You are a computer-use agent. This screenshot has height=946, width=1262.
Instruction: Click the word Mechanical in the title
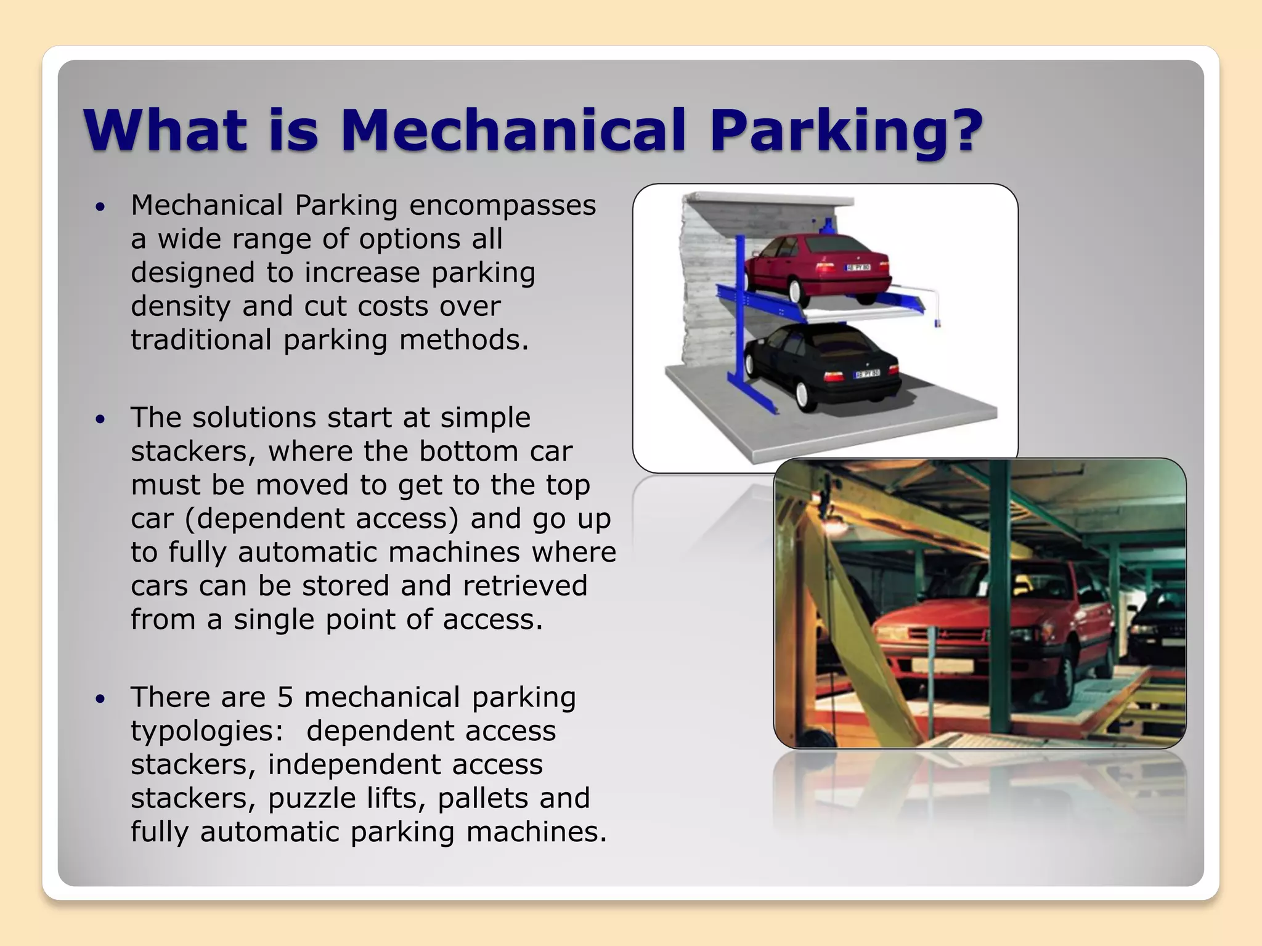[513, 131]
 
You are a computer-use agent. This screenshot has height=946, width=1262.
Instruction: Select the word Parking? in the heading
[845, 131]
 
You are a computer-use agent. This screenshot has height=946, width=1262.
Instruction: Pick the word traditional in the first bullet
[201, 340]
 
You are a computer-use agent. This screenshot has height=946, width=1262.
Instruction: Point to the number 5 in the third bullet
[285, 698]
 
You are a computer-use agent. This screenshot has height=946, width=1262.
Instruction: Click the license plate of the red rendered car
[858, 267]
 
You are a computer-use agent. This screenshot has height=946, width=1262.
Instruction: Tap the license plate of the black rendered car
[866, 374]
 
